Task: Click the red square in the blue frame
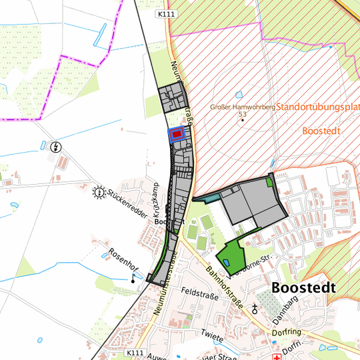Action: pyautogui.click(x=177, y=134)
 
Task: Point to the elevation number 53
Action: pyautogui.click(x=242, y=115)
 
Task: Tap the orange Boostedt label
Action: pyautogui.click(x=321, y=131)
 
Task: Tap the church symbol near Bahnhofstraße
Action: pyautogui.click(x=254, y=309)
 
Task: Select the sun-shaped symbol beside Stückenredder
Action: pyautogui.click(x=99, y=193)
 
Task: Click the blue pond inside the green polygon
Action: pyautogui.click(x=226, y=261)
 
